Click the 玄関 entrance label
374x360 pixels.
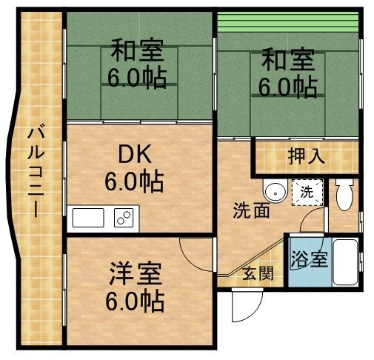(x=257, y=273)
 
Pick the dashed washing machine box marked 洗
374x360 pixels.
(x=306, y=193)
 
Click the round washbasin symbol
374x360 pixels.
(x=276, y=192)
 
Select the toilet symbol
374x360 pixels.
(x=342, y=195)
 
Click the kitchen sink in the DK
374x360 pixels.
(x=88, y=219)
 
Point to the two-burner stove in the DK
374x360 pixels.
(x=123, y=219)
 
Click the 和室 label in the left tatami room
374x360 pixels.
(x=138, y=53)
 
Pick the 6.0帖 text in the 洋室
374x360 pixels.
(x=134, y=301)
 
